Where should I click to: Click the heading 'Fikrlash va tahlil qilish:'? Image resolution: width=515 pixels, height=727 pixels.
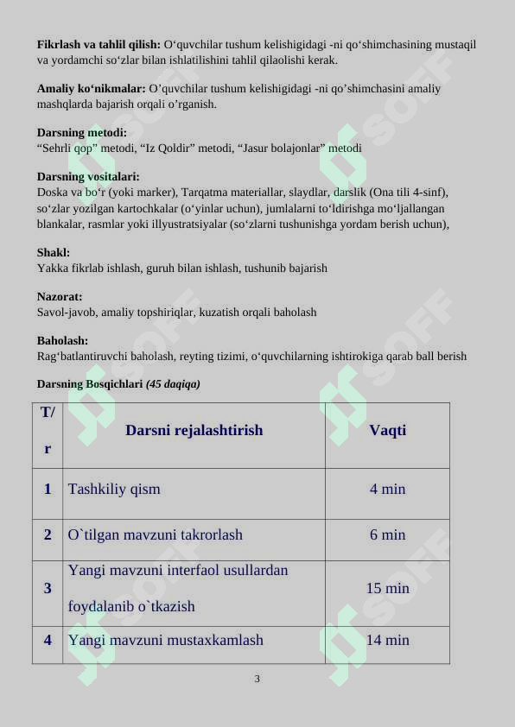pos(99,44)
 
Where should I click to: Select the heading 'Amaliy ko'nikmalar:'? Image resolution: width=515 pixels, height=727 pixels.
pos(92,88)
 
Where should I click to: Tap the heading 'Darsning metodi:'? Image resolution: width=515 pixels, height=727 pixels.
pos(81,132)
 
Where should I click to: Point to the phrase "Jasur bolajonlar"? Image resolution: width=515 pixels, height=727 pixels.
pos(277,149)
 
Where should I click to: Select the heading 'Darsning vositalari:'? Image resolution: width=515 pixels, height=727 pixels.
pos(88,176)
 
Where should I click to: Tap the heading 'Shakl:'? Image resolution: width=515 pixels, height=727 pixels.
pos(54,252)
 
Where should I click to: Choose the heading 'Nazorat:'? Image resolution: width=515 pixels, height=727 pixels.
pos(60,296)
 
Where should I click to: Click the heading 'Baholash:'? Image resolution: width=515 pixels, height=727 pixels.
pos(62,340)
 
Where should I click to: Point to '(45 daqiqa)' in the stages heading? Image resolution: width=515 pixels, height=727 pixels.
pos(173,384)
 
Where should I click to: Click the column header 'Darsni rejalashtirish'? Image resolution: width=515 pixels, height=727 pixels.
pos(194,430)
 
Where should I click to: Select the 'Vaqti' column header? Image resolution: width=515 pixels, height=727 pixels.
pos(387,430)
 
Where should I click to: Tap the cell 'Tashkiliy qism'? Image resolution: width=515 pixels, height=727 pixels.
pos(114,490)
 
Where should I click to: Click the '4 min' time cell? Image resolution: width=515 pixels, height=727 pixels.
pos(387,490)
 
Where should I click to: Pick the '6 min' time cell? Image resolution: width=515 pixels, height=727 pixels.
pos(387,535)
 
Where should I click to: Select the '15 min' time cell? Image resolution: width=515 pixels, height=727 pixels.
pos(387,589)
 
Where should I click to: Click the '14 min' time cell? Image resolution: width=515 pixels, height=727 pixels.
pos(387,641)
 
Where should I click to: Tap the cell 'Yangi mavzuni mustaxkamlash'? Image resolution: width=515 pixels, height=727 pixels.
pos(166,641)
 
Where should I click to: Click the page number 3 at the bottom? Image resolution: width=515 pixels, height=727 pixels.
pos(257,679)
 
